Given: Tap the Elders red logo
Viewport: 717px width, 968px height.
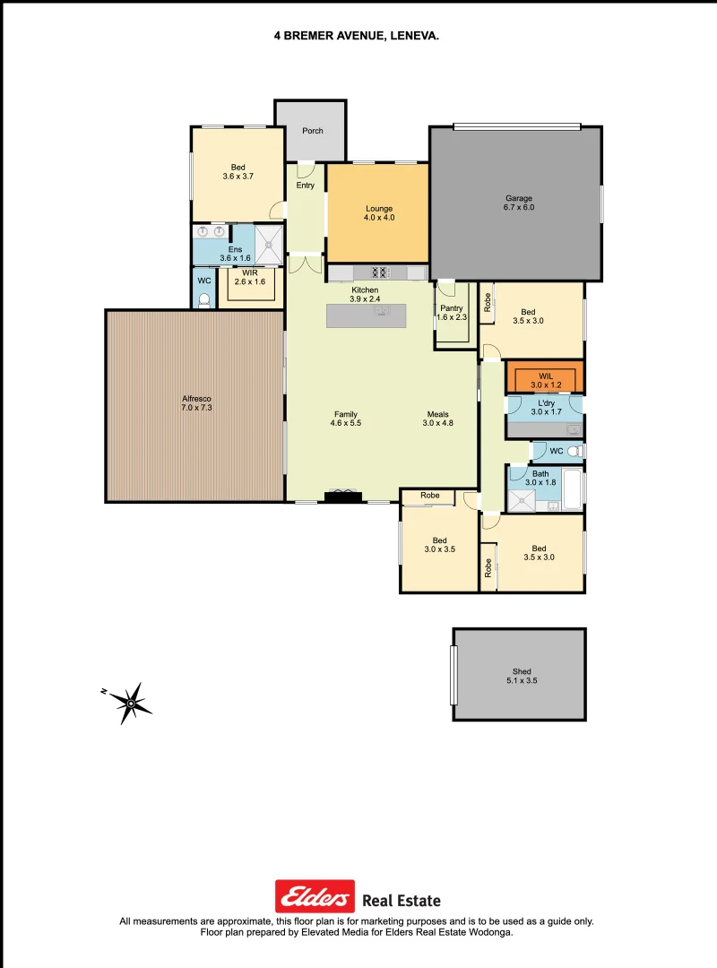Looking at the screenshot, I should (315, 896).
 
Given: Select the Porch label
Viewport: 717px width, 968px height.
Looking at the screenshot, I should (312, 131).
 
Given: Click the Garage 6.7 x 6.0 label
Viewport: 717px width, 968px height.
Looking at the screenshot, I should (519, 203).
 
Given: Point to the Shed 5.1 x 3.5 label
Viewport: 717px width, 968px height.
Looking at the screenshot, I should (522, 676).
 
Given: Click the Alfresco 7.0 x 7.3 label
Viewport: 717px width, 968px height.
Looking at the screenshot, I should (196, 403).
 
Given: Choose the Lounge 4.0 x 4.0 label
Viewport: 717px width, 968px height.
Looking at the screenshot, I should (379, 213).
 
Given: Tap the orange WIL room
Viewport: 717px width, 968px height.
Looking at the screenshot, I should (545, 376).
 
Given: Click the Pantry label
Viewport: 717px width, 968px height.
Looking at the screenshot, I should (451, 313).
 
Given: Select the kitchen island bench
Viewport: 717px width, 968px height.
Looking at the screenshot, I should (366, 315).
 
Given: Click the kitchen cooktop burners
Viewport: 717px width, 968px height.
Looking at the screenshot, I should (379, 272).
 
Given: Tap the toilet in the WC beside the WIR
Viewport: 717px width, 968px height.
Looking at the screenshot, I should (204, 300).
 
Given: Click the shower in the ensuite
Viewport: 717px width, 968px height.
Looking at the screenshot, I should (268, 244).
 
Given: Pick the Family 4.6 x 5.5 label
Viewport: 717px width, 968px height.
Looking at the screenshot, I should (346, 419).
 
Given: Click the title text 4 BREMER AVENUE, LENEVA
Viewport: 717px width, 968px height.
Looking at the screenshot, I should (357, 37).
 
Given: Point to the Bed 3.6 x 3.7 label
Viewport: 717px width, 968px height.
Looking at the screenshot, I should (238, 172).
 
